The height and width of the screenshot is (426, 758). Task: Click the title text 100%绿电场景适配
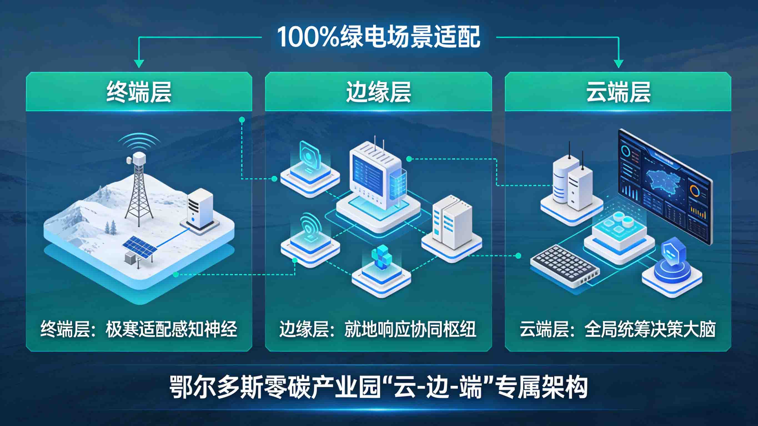(379, 37)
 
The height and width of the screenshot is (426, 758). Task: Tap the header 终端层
(139, 92)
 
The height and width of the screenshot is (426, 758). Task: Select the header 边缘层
(378, 92)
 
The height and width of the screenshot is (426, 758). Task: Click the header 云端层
(618, 92)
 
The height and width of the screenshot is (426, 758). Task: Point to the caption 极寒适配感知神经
(171, 329)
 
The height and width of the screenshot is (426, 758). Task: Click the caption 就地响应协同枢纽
(410, 329)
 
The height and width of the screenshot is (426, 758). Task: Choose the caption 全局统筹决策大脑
(650, 329)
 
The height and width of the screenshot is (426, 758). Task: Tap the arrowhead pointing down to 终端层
(139, 64)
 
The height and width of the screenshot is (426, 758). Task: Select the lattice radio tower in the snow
(138, 191)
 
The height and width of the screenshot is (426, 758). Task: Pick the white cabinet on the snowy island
(200, 209)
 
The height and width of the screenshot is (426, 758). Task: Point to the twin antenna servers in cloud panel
(572, 182)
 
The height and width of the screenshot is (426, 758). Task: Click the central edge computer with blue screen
(375, 177)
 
